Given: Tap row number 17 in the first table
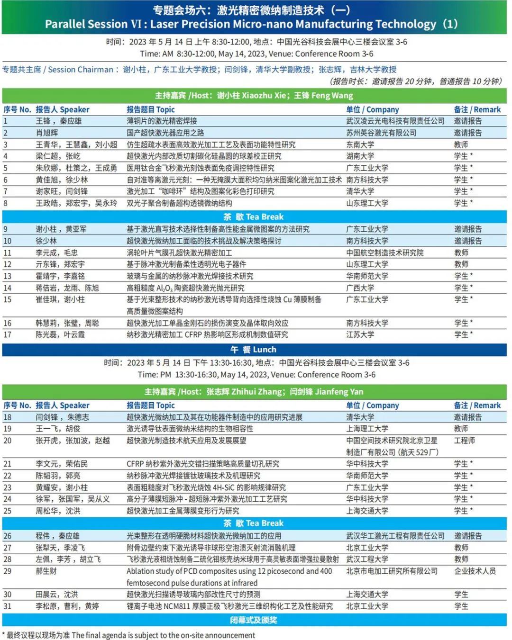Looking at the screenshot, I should click(8, 334).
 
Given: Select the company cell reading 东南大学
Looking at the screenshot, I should click(360, 144).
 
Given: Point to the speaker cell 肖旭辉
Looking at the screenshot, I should click(47, 133).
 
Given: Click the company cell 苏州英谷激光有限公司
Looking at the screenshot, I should click(381, 133).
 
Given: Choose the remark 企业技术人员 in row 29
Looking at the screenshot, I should click(475, 571).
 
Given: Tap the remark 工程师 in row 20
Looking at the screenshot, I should click(464, 440).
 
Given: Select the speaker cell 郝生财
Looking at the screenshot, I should click(46, 571).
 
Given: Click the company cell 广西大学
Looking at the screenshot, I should click(360, 288).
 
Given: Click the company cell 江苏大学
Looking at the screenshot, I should click(360, 334).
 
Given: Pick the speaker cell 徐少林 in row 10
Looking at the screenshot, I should click(46, 241).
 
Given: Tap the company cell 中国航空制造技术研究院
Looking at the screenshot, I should click(384, 252).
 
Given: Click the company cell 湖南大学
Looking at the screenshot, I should click(360, 156).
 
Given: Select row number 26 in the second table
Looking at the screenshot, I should click(8, 536).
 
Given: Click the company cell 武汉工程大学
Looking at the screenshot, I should click(367, 559).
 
